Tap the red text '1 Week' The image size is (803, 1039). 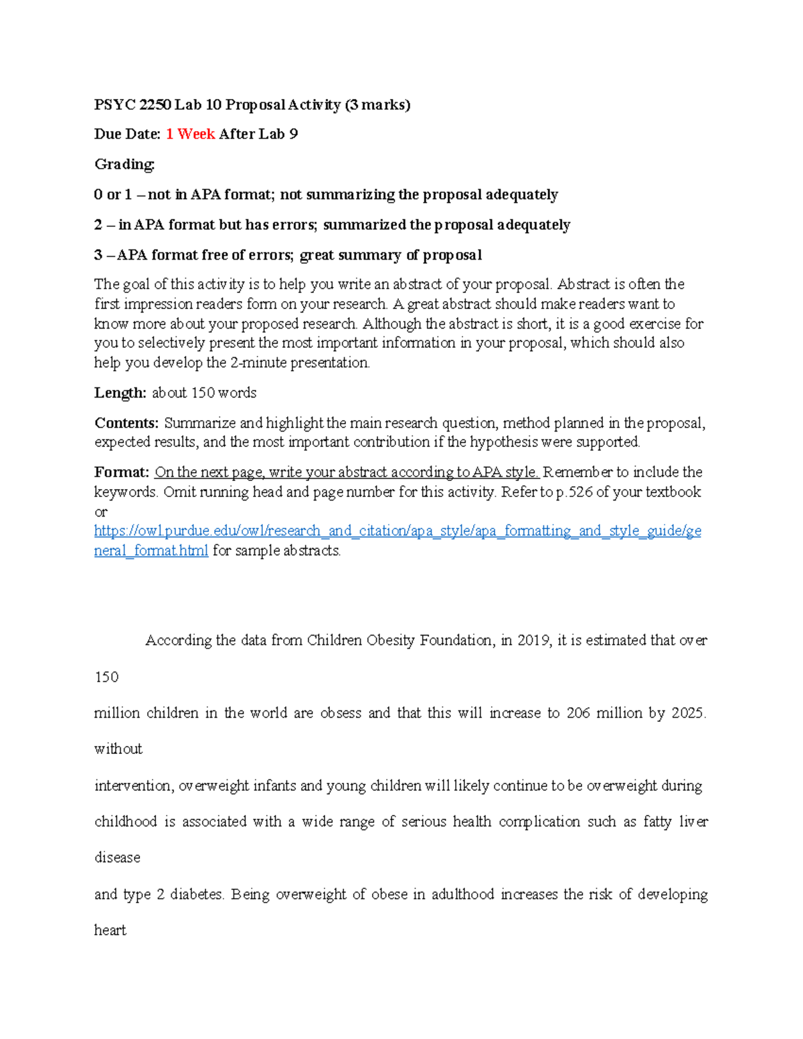190,134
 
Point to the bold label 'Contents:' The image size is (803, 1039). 126,423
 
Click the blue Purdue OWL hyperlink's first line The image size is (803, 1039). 397,531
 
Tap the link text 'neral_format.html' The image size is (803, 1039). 151,551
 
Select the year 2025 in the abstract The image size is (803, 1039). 687,713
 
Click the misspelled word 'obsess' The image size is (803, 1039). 341,713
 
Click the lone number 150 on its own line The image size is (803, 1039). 106,677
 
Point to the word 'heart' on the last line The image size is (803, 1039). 110,930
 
